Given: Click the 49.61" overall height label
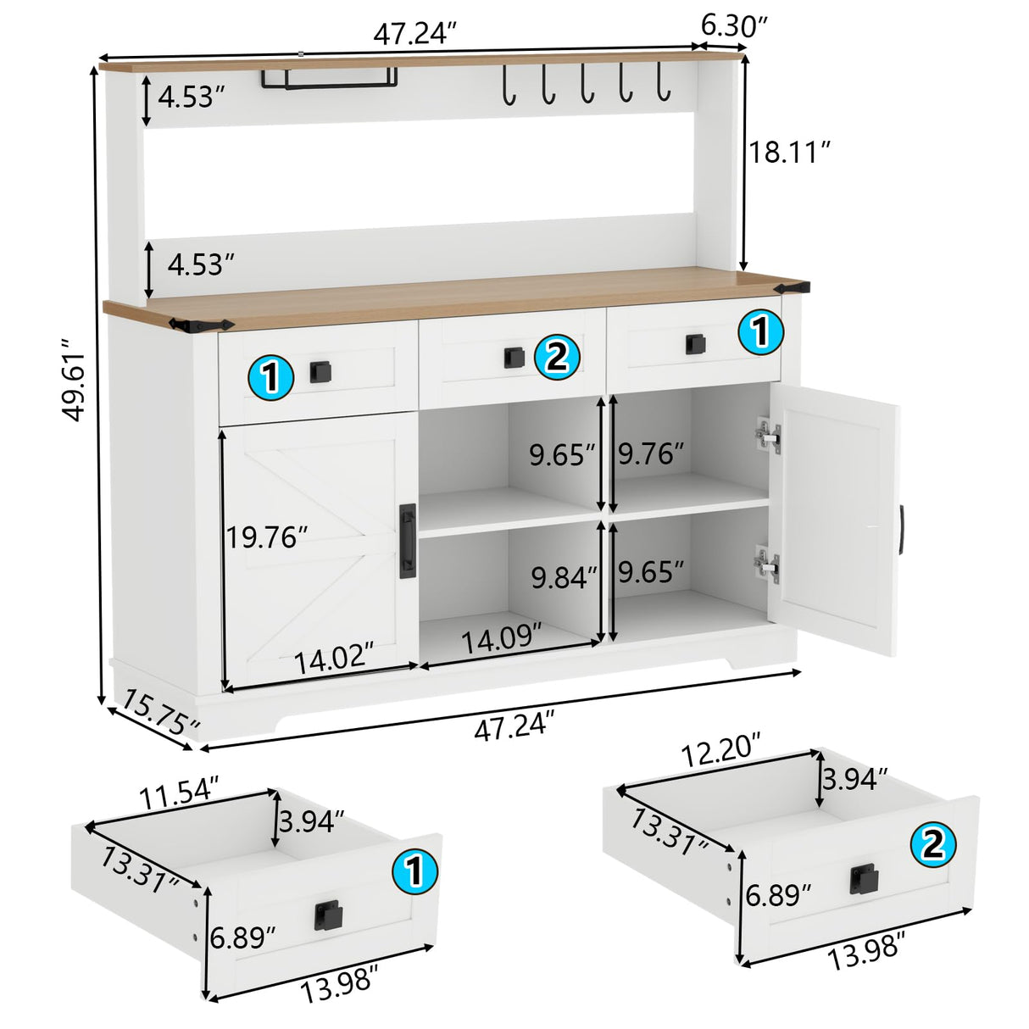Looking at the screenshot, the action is [73, 380].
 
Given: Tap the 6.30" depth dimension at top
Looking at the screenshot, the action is [734, 26].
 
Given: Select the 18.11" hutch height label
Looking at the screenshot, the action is [790, 153].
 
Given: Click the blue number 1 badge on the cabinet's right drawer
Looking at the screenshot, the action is [760, 331].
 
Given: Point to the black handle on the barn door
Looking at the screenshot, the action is [408, 541].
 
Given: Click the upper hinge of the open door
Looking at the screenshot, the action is [767, 437].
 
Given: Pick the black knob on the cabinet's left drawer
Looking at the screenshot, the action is [320, 371].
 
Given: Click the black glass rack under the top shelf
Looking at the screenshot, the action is [330, 79].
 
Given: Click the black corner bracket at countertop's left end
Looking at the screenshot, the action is [202, 325].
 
